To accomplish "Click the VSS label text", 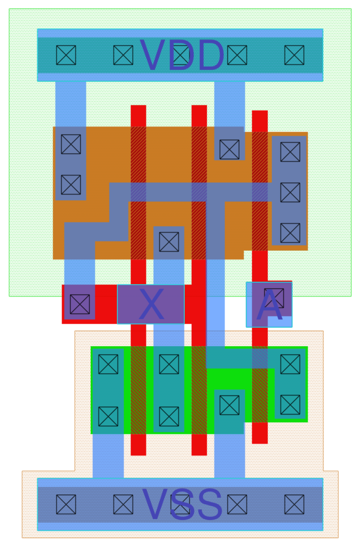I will pos(182,504).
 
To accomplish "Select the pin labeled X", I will pos(151,304).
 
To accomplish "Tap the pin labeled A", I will pos(269,305).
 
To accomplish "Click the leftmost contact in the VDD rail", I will pos(66,55).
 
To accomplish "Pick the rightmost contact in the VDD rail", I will pos(294,55).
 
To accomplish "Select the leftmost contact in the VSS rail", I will pos(66,504).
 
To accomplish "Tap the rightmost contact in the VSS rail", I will pos(294,504).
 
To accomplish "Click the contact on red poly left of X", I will pos(80,304).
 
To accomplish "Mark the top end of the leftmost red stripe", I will pos(138,110).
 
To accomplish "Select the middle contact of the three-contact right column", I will pos(290,192).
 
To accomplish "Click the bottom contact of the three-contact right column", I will pos(290,233).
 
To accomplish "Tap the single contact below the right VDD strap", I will pos(229,150).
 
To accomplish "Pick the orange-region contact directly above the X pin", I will pos(169,242).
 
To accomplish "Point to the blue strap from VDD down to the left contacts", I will pos(71,103).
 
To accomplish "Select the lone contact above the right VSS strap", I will pos(229,405).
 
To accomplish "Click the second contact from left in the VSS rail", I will pos(123,504).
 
